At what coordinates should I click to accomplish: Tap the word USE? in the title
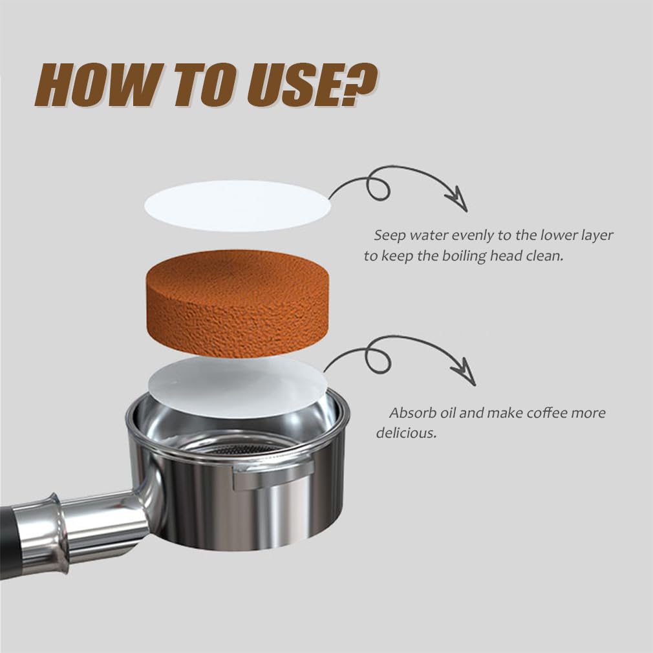pos(311,85)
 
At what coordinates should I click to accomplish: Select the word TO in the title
pos(200,86)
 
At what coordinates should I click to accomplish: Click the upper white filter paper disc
pos(237,206)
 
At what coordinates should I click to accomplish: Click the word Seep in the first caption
pos(390,236)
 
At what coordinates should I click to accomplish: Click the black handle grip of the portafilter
pos(8,541)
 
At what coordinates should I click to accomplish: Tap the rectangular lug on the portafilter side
pos(273,475)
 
